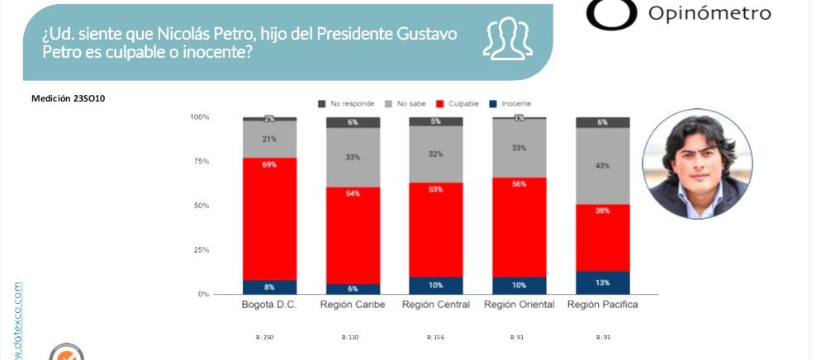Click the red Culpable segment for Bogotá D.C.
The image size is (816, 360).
[x=269, y=219]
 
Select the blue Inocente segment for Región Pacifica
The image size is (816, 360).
[x=602, y=283]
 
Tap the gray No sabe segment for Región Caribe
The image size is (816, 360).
[x=353, y=157]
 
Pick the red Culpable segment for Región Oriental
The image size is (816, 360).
[x=519, y=227]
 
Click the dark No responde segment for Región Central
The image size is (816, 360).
[x=436, y=121]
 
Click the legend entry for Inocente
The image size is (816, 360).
[x=511, y=103]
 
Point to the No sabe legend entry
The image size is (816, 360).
[x=406, y=103]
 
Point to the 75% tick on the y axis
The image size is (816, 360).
[x=200, y=162]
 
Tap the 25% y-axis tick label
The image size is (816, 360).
[x=200, y=250]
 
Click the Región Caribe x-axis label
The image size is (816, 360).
[x=353, y=305]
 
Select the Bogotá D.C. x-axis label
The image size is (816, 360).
[x=269, y=305]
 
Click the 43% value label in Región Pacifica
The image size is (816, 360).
[x=602, y=166]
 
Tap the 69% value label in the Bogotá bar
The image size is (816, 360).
[x=269, y=166]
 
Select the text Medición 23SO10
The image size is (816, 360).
[x=69, y=98]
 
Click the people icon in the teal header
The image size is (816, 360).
[x=506, y=40]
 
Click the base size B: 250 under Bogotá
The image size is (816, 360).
[x=265, y=338]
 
